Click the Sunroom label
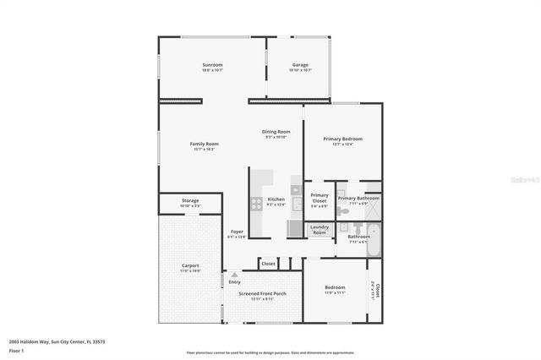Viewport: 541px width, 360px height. coord(212,65)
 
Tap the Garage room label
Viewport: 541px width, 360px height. coord(300,65)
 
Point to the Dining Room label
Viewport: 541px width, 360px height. coord(276,132)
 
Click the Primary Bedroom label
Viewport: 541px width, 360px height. coord(343,139)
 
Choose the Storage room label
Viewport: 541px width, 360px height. coord(190,201)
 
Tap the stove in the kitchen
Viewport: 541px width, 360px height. coord(256,204)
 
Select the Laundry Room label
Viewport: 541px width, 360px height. coord(320,228)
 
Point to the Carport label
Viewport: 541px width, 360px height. coord(190,265)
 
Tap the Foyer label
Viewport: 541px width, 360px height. coord(238,232)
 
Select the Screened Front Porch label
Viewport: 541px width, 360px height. coord(262,293)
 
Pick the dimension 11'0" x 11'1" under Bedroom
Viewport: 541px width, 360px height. coord(336,293)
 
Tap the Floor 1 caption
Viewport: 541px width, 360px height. coord(17,350)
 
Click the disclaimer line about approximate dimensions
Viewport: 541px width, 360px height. coord(270,352)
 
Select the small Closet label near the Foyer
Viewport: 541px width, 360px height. coord(268,264)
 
